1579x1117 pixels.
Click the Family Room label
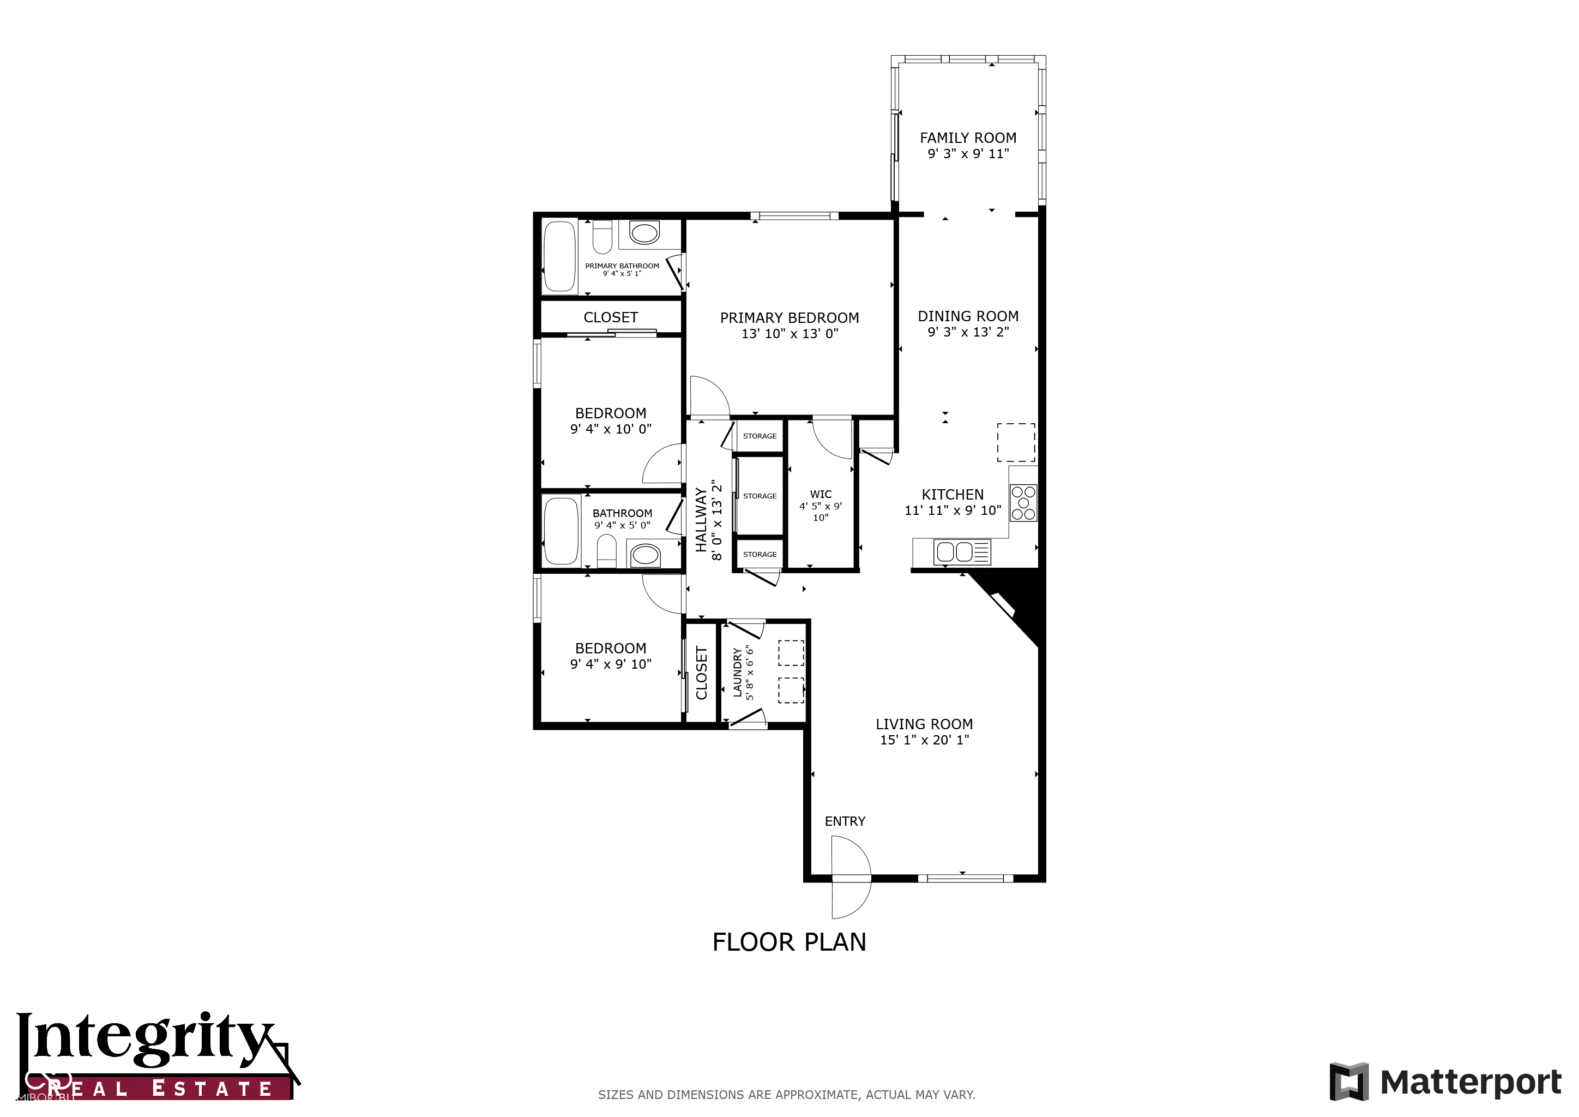(x=968, y=138)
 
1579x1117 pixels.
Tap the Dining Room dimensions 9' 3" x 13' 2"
(x=968, y=332)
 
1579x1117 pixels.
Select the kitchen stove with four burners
(x=1023, y=503)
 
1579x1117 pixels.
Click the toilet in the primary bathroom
(x=602, y=237)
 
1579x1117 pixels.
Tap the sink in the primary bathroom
(x=644, y=232)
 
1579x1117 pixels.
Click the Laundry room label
(x=737, y=672)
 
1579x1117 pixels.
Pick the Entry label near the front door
(x=845, y=821)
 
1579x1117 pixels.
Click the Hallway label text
(x=701, y=519)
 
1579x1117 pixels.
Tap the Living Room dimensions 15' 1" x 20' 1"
(x=924, y=740)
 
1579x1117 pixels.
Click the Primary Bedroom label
(x=789, y=318)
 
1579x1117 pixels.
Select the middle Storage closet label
(x=760, y=496)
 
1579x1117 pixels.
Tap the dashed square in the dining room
(x=1016, y=442)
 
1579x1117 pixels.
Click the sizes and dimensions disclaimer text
(x=786, y=1094)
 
